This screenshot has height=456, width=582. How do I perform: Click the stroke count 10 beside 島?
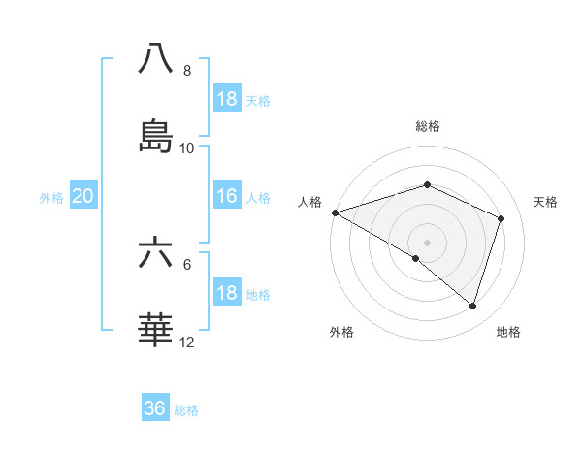point(187,148)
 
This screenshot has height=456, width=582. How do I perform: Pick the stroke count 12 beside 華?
point(187,342)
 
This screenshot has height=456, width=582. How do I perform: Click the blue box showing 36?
point(155,408)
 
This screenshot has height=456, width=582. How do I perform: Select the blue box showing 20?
point(83,197)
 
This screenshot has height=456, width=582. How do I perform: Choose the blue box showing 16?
point(227,197)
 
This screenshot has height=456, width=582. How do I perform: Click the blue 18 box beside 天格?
point(227,99)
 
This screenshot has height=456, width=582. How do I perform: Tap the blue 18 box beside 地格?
point(227,294)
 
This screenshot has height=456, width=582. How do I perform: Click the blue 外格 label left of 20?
point(51,198)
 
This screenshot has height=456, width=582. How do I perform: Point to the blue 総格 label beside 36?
point(186,410)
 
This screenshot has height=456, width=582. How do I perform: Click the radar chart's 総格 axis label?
point(427,126)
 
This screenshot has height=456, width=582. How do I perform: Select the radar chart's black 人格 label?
point(309,202)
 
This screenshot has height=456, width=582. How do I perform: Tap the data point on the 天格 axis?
point(501,218)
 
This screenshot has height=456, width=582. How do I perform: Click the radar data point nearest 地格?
point(472,307)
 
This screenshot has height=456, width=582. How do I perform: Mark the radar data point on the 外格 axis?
point(415,259)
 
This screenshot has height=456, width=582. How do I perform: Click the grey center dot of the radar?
point(427,242)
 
